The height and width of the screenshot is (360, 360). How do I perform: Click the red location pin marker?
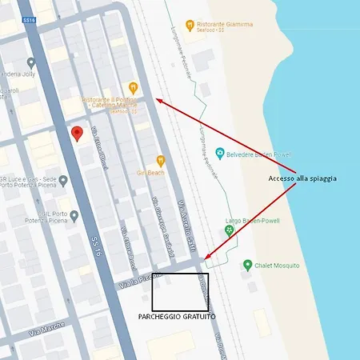[x=77, y=133]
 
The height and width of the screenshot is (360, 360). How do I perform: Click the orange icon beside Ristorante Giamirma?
[x=190, y=26]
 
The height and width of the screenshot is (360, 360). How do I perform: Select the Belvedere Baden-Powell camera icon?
[x=219, y=152]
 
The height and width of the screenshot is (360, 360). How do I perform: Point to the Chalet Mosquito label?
[x=278, y=265]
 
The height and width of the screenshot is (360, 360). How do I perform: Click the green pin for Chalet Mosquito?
[x=248, y=265]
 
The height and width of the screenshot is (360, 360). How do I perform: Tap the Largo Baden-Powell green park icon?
[x=229, y=230]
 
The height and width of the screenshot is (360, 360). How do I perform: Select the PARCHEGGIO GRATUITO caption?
[x=183, y=318]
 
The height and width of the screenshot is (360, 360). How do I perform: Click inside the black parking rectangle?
[x=180, y=292]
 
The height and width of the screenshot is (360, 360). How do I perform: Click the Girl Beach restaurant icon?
[x=160, y=160]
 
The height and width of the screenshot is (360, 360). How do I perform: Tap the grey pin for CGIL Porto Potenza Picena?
[x=74, y=215]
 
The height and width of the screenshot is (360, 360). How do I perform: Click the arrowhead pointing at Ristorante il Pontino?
[x=158, y=100]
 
